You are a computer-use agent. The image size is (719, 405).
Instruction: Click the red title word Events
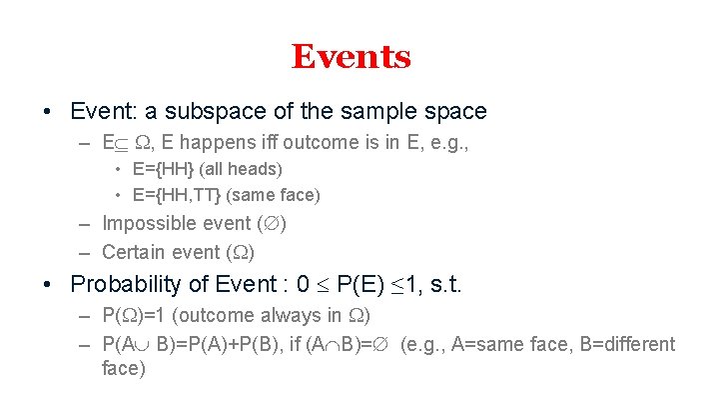[x=351, y=57]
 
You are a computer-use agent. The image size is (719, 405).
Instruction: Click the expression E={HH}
[x=165, y=170]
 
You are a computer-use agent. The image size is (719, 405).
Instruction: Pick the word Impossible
[x=149, y=223]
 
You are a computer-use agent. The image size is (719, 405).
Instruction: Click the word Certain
[x=135, y=251]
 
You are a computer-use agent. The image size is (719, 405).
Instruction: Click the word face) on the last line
[x=124, y=369]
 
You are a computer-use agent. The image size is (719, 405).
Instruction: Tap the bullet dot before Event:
[x=49, y=112]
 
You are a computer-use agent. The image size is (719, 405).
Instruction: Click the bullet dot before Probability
[x=49, y=284]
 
